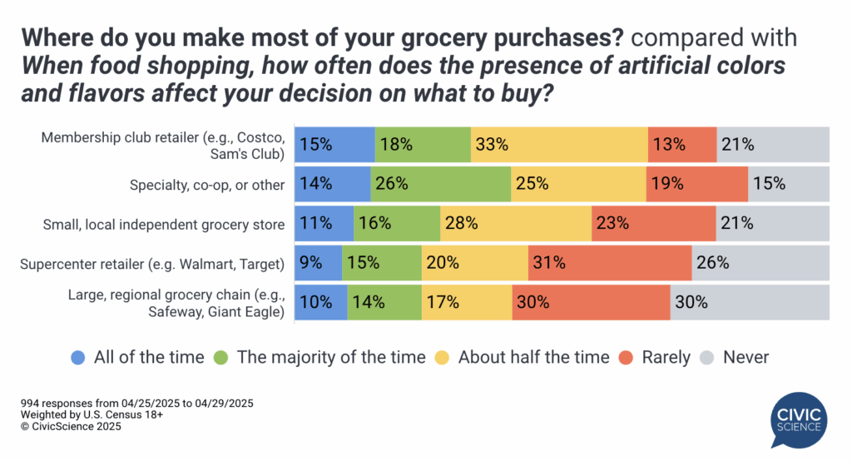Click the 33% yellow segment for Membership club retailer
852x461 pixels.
click(559, 144)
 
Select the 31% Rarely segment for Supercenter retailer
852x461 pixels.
click(610, 263)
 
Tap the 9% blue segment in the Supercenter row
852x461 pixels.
click(319, 263)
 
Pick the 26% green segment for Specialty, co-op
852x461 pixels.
click(441, 184)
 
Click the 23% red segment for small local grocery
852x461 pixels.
click(654, 223)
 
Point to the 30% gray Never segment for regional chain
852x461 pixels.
click(750, 302)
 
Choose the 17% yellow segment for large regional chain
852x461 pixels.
click(467, 302)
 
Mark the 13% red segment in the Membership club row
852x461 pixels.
click(682, 144)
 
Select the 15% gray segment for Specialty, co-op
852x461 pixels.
click(789, 184)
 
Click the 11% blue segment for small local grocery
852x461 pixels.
click(325, 223)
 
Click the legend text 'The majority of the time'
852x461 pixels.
click(331, 357)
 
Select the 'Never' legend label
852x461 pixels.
click(745, 357)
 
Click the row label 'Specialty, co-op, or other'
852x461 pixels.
click(206, 184)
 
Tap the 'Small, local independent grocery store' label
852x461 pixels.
click(164, 223)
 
